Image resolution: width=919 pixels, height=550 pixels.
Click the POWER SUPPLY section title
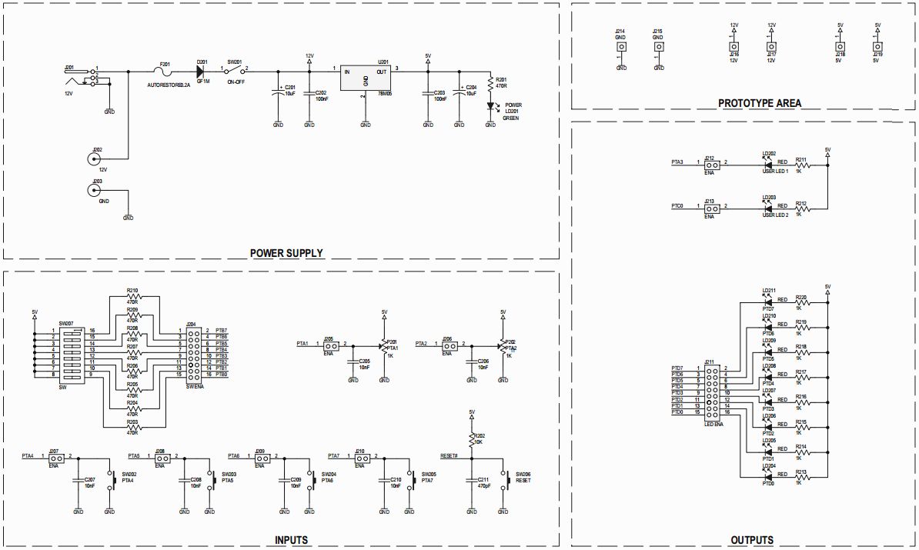tap(286, 252)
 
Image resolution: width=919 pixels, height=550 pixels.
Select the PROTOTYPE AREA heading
tap(759, 103)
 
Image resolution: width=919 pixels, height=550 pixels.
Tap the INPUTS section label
tap(291, 540)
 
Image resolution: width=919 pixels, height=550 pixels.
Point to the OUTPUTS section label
tap(751, 540)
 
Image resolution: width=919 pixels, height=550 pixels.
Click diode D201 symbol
tap(202, 70)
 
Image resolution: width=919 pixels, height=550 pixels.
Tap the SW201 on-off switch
tap(235, 70)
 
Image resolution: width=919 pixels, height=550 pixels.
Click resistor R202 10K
tap(471, 439)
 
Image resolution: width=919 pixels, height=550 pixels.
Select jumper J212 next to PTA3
tap(712, 163)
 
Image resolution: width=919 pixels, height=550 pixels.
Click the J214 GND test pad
tap(620, 46)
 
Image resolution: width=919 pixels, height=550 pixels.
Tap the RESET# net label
tap(449, 456)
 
